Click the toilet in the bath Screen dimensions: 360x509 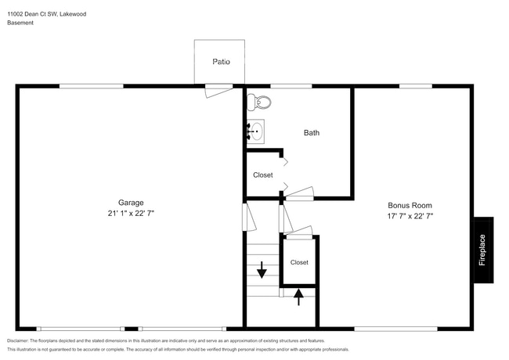click(258, 102)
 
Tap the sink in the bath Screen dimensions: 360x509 click(255, 130)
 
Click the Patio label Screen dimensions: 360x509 click(221, 61)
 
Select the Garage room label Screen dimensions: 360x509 click(131, 202)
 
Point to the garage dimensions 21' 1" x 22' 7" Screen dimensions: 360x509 click(131, 213)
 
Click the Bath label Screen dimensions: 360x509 click(312, 133)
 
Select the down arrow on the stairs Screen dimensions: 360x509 click(262, 270)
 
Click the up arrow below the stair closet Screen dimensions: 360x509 click(298, 297)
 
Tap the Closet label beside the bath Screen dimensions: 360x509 click(263, 175)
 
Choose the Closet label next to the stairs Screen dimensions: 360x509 click(299, 262)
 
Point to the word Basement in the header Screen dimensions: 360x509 click(20, 23)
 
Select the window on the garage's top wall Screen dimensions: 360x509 click(91, 86)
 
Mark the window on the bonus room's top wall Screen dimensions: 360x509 click(411, 86)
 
